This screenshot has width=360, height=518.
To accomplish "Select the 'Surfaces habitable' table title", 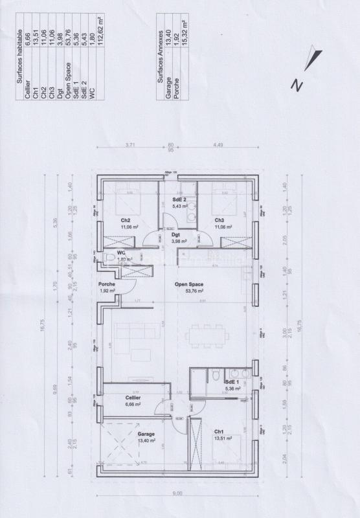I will [x=19, y=56].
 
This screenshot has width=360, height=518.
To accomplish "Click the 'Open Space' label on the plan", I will [x=188, y=284].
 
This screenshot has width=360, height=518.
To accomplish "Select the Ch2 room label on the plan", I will [x=126, y=220].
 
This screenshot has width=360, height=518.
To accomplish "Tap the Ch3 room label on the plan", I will [x=220, y=220].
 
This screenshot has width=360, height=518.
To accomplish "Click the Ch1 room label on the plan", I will [x=219, y=431].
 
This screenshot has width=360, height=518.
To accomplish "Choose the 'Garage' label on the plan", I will [x=146, y=434].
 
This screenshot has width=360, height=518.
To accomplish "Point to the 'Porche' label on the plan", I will [x=106, y=284].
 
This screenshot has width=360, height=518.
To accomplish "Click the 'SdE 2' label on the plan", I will [x=179, y=199].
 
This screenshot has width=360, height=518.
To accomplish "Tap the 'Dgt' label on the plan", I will [x=175, y=234].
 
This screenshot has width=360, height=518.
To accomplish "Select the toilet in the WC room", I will [x=109, y=259].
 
